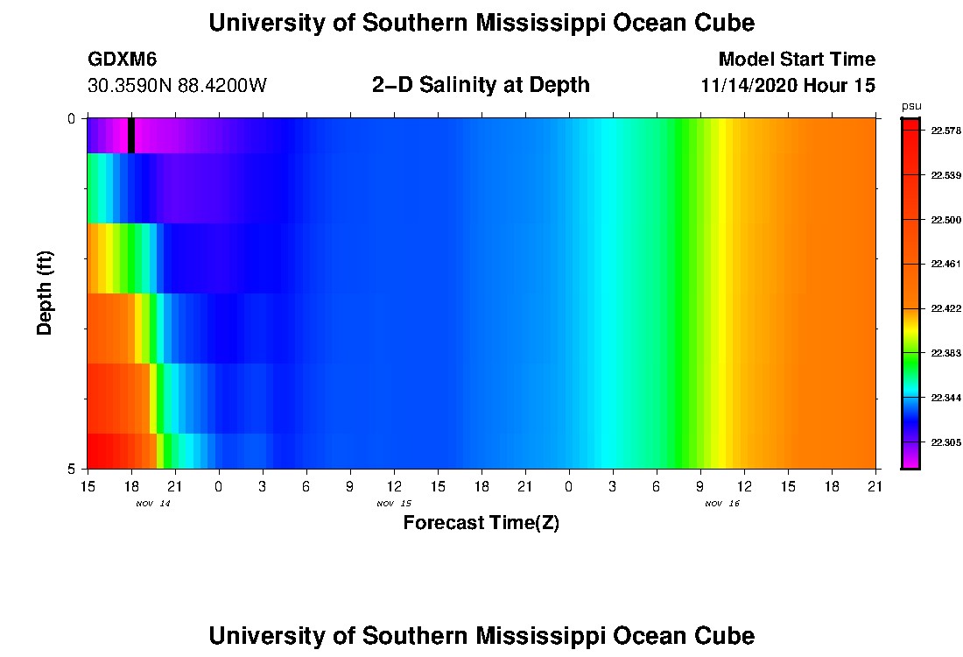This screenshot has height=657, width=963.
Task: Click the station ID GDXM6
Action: (x=123, y=60)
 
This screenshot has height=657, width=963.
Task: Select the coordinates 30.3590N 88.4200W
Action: (x=177, y=86)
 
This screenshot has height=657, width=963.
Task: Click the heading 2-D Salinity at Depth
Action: (x=481, y=85)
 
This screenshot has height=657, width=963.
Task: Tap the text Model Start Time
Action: (x=796, y=60)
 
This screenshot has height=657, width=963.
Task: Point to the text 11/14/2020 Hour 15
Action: (x=788, y=86)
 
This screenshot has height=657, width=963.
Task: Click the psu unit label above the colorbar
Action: (x=910, y=106)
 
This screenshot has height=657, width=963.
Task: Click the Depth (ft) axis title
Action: (x=46, y=293)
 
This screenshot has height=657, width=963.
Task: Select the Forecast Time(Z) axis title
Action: (x=481, y=524)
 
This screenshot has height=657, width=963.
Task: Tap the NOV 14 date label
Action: (x=153, y=504)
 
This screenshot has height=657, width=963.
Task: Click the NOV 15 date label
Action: (x=394, y=504)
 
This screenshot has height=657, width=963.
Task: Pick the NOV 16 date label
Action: (x=722, y=504)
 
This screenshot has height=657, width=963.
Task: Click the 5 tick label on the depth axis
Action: (x=71, y=469)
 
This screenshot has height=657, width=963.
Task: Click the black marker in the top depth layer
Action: (x=131, y=135)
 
